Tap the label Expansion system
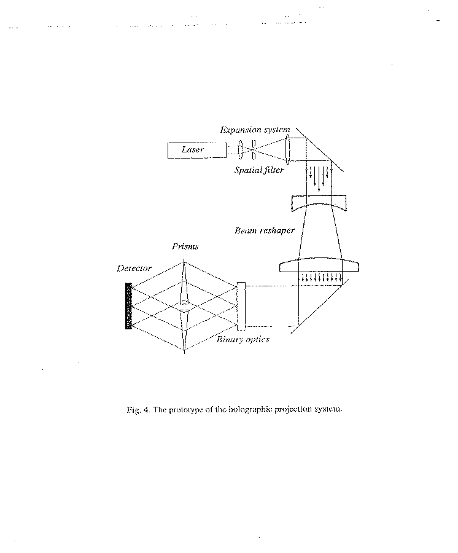click(x=255, y=130)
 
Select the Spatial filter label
click(x=259, y=170)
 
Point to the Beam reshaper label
click(x=264, y=230)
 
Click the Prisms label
click(x=185, y=246)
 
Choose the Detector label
click(x=134, y=269)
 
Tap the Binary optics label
click(x=243, y=339)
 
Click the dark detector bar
click(x=128, y=306)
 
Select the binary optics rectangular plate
click(x=241, y=306)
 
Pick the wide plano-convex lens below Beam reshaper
click(x=319, y=265)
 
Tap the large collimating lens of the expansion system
click(x=288, y=149)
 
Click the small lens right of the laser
click(x=241, y=149)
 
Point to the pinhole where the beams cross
click(x=254, y=149)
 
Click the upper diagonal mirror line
click(x=319, y=149)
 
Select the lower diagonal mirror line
click(x=319, y=306)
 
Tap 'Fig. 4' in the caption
click(x=139, y=410)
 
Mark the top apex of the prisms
click(x=184, y=260)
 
